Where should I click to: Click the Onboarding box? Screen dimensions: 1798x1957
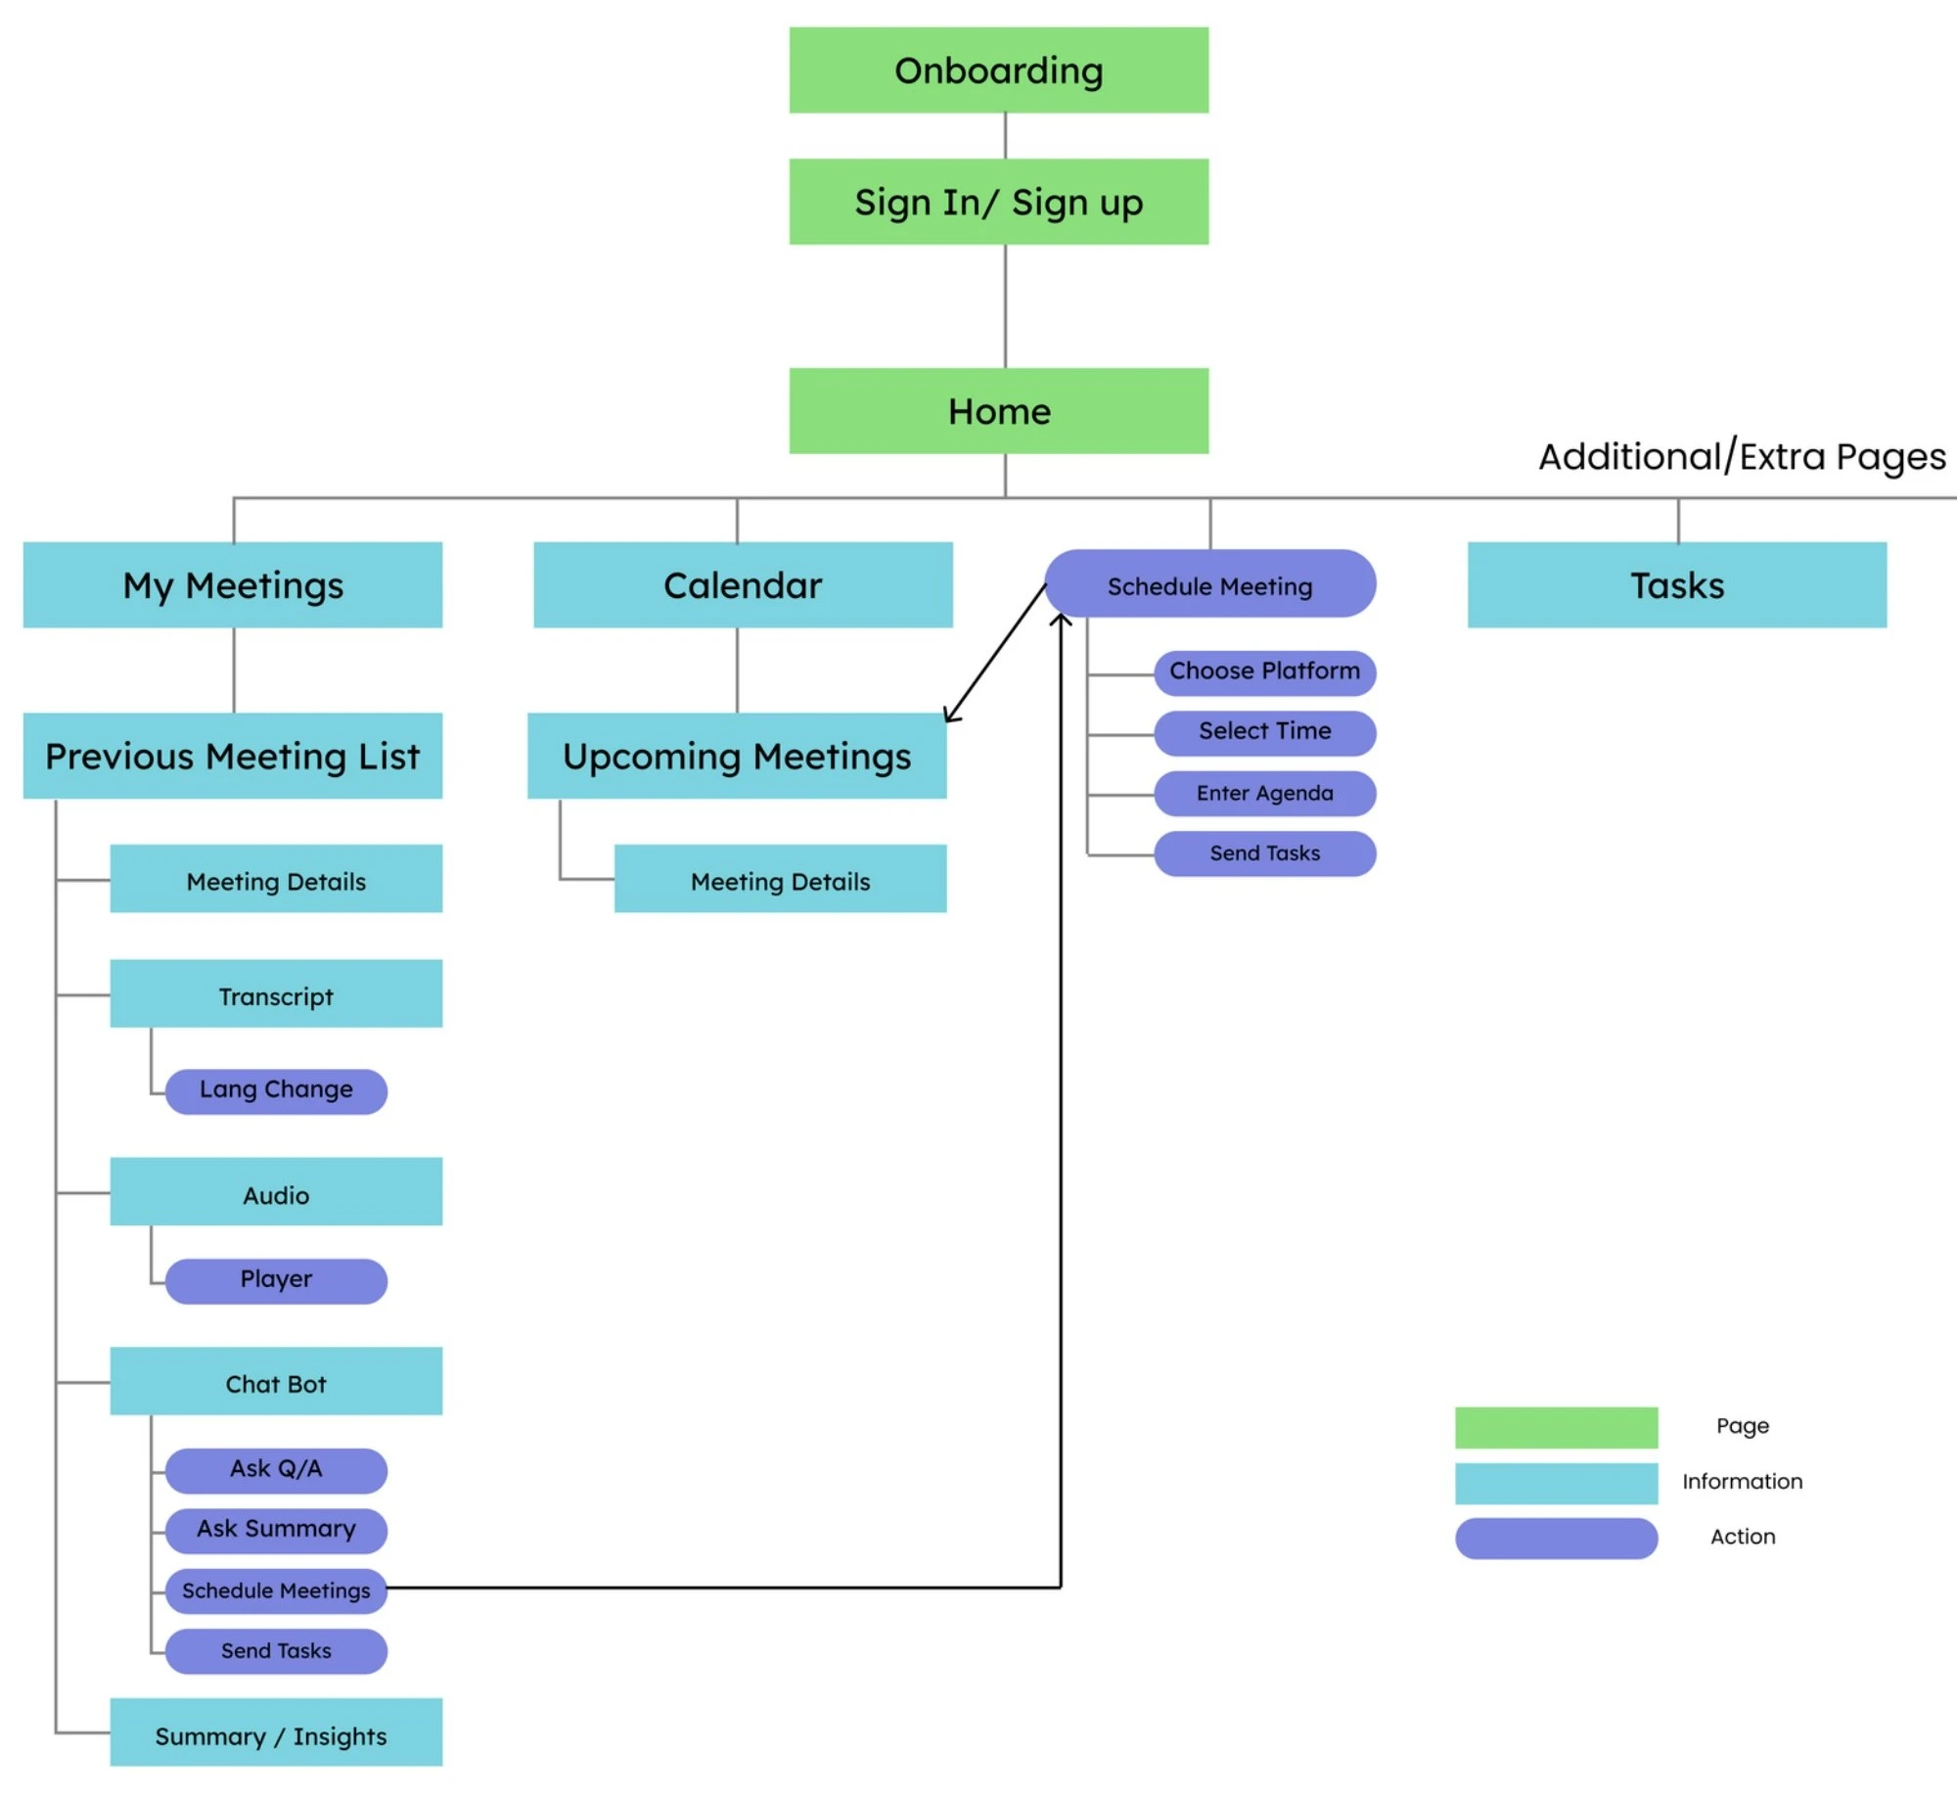[998, 70]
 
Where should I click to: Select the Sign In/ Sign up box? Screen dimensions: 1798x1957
[998, 202]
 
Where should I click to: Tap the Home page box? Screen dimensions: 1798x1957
[998, 411]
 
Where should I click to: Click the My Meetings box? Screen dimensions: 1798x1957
[233, 585]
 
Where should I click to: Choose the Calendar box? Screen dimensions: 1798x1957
[743, 585]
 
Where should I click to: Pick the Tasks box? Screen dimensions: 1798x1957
[1676, 585]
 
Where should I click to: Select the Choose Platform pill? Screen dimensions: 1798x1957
[1264, 672]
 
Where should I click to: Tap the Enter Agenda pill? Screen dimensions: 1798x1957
[1264, 793]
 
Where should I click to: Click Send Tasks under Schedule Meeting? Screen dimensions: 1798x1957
[1264, 853]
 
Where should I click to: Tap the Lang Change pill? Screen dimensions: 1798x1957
[276, 1090]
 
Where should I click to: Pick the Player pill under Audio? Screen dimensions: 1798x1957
[276, 1280]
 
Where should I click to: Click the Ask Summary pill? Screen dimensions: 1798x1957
[276, 1530]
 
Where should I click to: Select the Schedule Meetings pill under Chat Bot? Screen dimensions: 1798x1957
[276, 1591]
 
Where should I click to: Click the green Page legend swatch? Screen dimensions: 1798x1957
[1556, 1427]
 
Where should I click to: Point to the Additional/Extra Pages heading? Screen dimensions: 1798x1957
[1742, 457]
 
